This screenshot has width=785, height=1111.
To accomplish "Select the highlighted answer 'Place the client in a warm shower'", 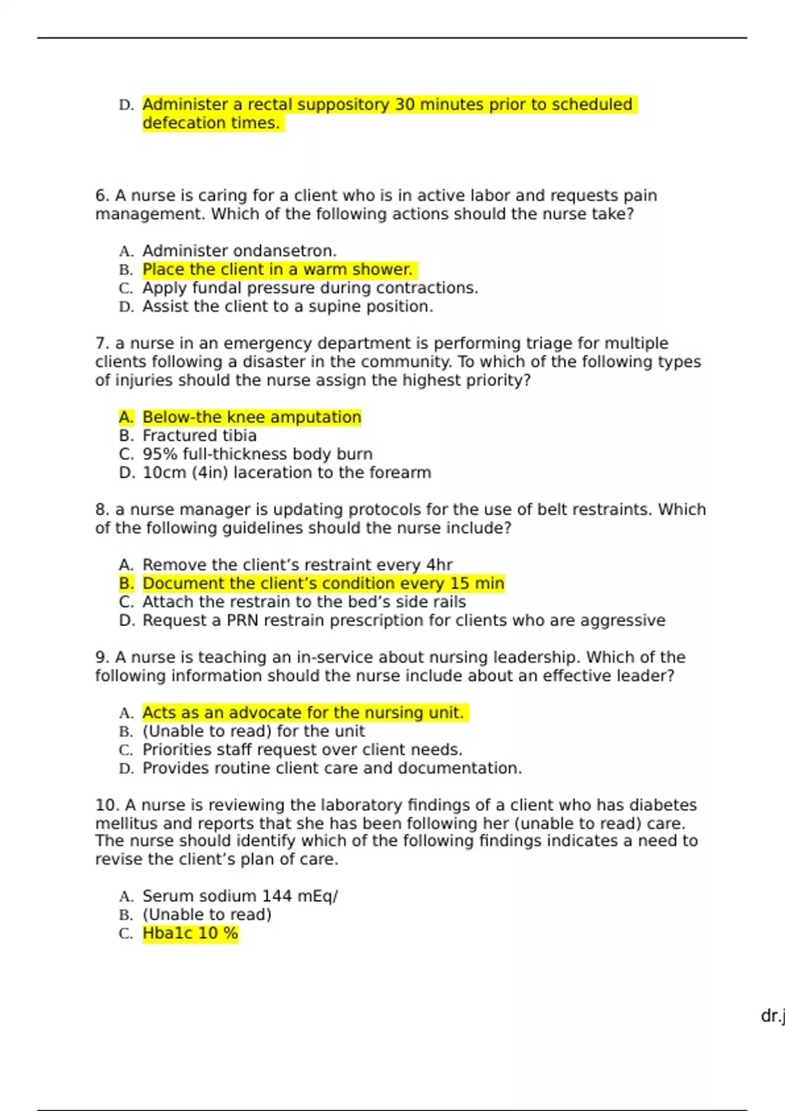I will (277, 269).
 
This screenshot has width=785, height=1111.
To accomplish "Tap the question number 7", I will (101, 344).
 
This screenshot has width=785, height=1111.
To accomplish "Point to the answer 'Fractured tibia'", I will (200, 436).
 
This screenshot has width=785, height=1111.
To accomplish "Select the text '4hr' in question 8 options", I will (439, 565).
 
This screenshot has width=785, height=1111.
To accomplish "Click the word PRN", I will (243, 620).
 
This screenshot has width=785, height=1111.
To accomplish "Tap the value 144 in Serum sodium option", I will (277, 896).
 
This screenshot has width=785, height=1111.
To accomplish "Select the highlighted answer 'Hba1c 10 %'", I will (190, 933).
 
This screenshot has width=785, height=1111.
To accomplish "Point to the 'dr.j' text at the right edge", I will (773, 1016).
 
